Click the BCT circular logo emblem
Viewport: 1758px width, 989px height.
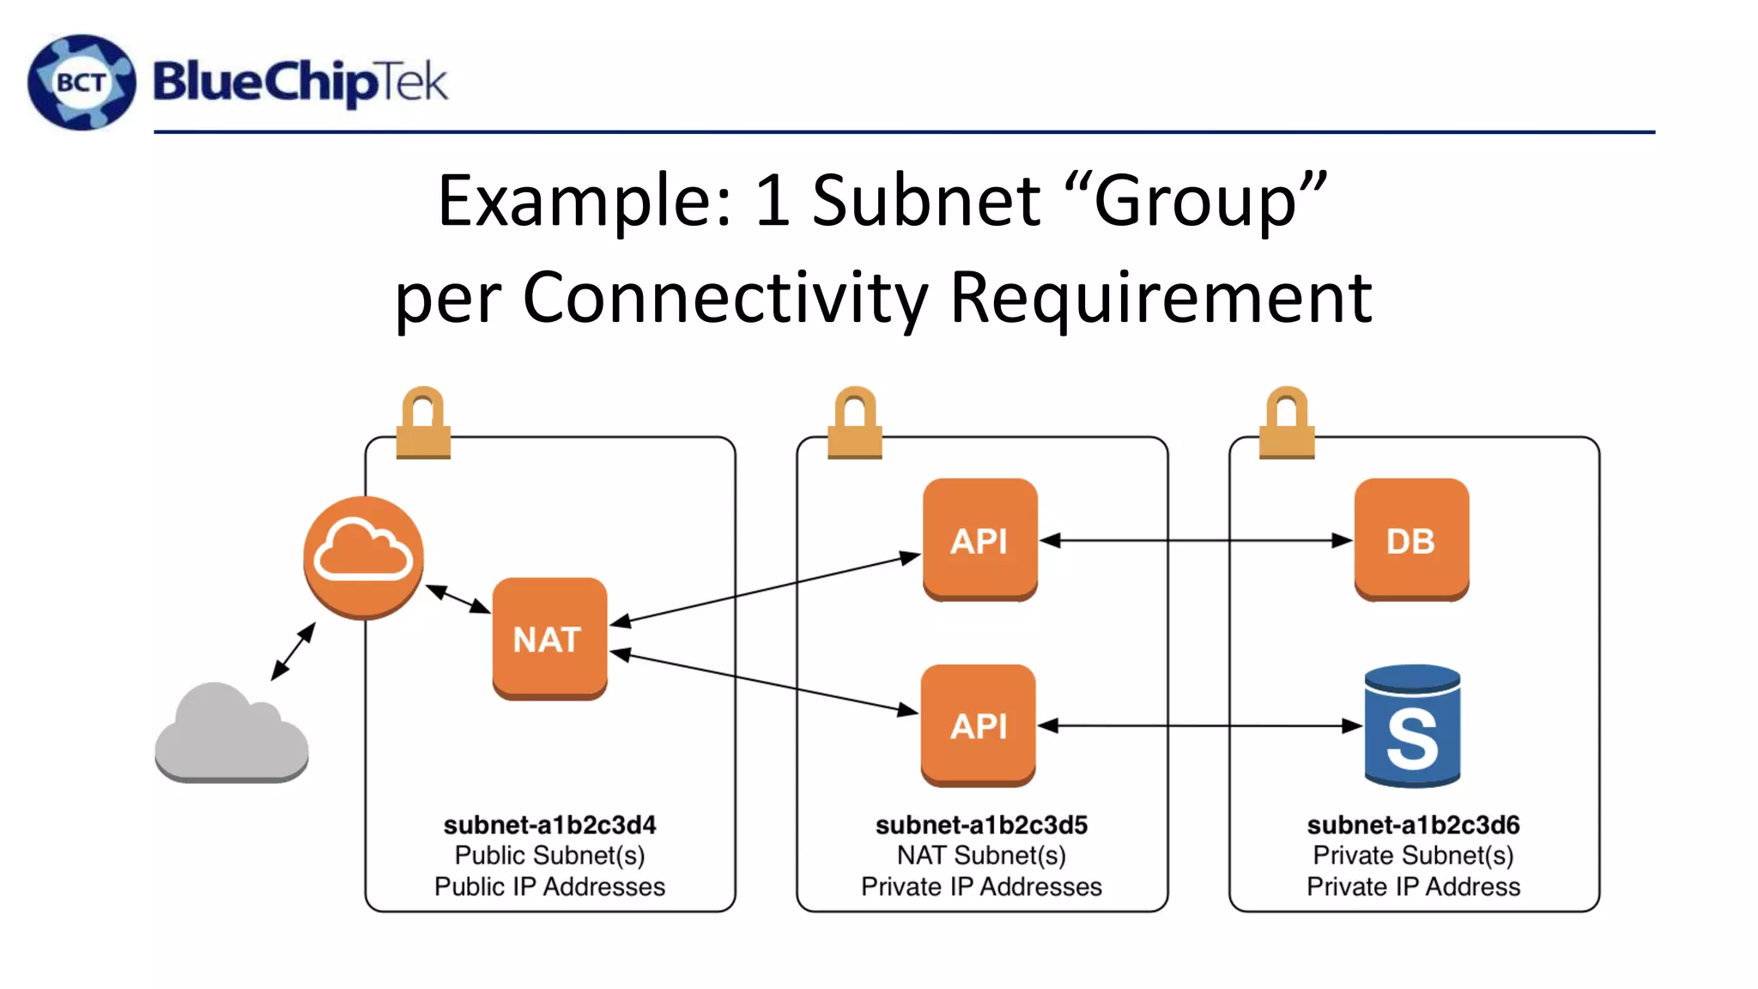coord(82,82)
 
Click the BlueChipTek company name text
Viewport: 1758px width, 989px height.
coord(300,82)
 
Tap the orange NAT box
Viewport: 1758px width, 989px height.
coord(549,638)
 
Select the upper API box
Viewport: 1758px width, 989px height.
coord(979,539)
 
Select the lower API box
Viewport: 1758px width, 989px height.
coord(978,725)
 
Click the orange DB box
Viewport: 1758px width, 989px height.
coord(1411,539)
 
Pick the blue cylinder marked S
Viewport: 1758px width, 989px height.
coord(1412,726)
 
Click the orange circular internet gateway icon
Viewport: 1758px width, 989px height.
coord(363,556)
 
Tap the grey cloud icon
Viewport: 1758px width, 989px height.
coord(232,734)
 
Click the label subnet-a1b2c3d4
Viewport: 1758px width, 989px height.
coord(549,825)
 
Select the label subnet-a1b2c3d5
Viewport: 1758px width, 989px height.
coord(981,825)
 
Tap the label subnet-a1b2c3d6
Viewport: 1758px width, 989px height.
coord(1413,825)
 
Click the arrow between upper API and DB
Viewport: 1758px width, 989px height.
coord(1196,540)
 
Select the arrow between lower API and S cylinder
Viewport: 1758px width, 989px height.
coord(1199,726)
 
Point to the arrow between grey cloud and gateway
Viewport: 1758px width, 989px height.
coord(294,652)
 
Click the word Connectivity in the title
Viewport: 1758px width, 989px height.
coord(725,297)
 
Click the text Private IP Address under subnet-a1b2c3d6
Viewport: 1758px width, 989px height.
coord(1413,887)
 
